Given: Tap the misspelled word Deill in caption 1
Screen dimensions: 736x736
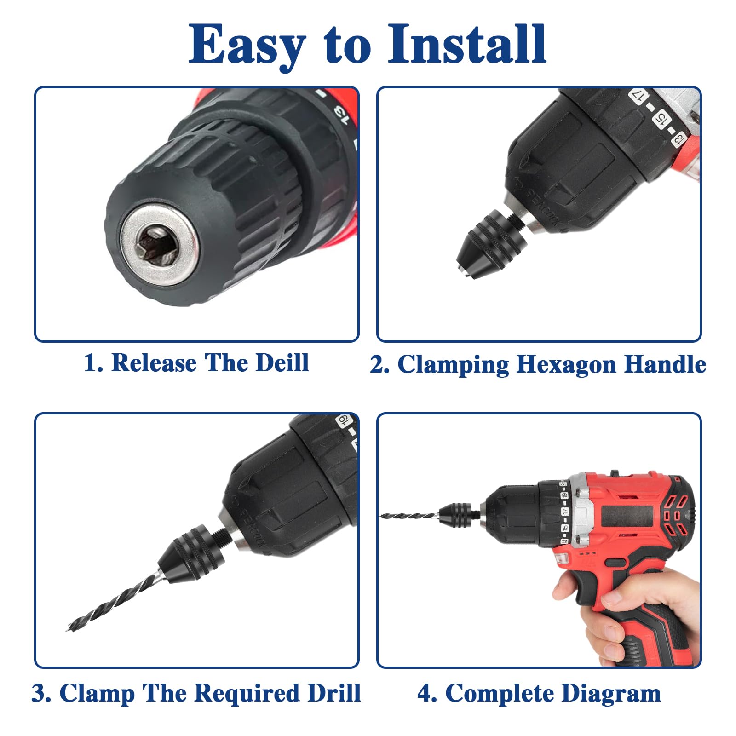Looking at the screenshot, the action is (x=282, y=362).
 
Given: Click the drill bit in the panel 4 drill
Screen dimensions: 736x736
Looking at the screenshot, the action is (x=410, y=516).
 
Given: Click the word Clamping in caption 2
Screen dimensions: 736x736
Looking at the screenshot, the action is (x=453, y=365).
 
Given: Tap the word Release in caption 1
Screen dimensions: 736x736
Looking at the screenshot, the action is (x=154, y=362).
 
